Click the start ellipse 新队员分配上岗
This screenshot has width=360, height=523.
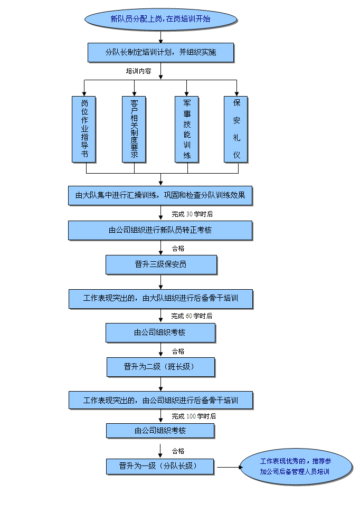160,19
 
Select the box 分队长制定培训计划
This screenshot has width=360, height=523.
160,52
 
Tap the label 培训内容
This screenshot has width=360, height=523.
138,71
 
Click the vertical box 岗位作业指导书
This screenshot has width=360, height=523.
84,129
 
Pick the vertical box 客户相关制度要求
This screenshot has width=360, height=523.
134,129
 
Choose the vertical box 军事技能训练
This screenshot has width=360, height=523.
187,129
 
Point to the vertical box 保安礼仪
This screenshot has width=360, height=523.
236,129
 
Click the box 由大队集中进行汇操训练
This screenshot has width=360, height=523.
160,195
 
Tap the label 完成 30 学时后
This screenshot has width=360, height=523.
192,214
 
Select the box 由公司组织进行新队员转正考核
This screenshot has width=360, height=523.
160,230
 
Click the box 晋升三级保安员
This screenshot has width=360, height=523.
161,264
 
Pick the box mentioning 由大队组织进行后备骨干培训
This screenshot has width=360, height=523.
160,298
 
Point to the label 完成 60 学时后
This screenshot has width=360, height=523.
192,316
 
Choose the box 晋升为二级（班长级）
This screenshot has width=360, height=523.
160,367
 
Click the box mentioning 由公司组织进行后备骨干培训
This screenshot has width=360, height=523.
160,400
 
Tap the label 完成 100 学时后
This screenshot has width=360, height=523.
194,416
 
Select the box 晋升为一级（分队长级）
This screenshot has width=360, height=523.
160,467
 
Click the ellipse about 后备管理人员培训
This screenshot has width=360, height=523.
296,467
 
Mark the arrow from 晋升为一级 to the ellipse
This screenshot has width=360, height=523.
228,467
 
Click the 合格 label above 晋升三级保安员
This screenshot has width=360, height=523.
178,249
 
